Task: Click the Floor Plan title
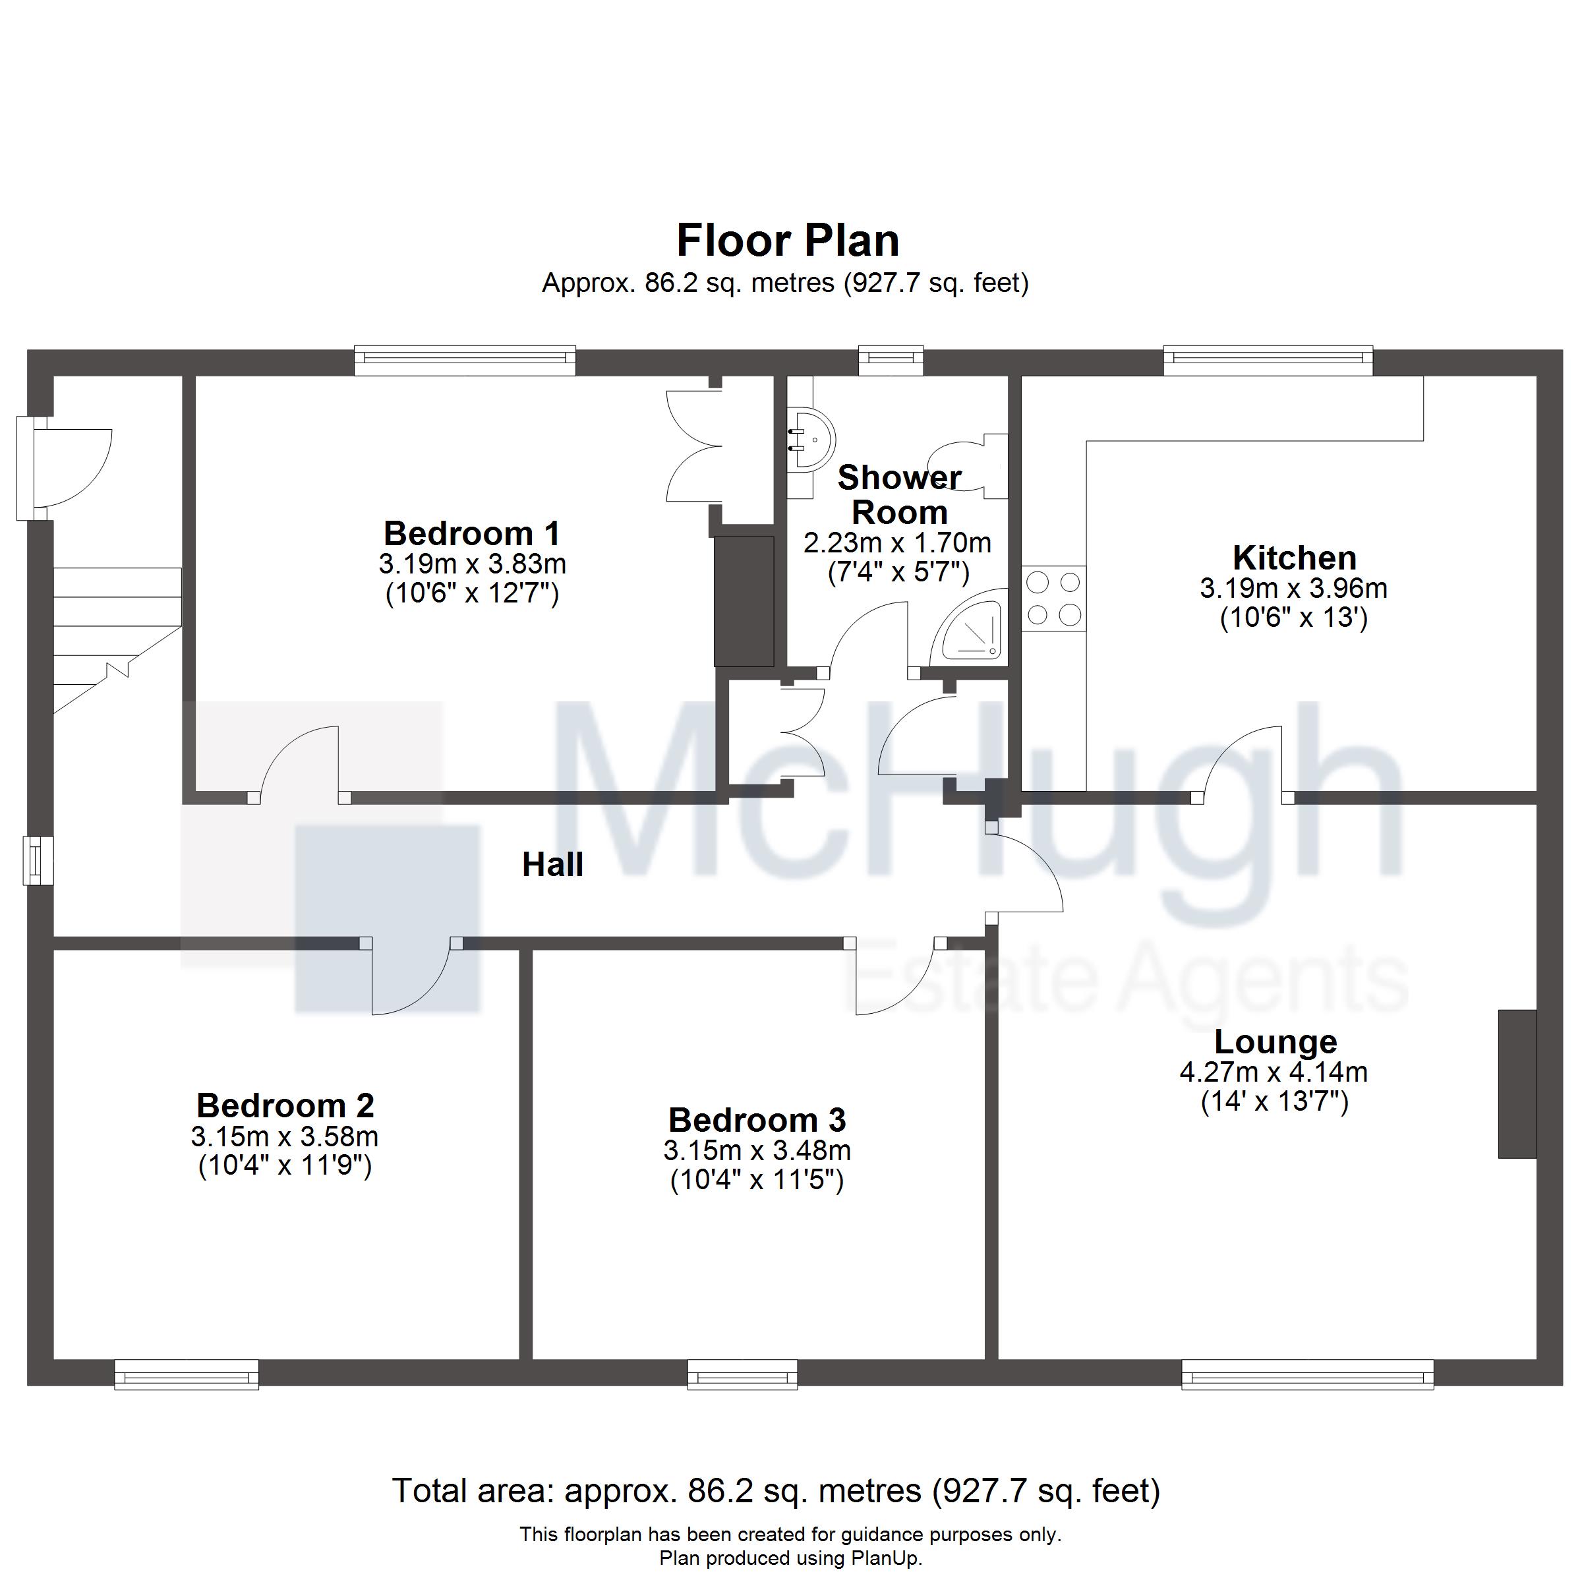click(787, 241)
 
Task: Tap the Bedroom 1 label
click(472, 534)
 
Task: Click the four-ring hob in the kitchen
click(1054, 599)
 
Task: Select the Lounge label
click(1275, 1042)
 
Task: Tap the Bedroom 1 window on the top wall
click(465, 361)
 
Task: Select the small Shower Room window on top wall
click(891, 361)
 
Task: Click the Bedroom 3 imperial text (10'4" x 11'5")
click(757, 1181)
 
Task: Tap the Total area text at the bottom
click(776, 1490)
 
